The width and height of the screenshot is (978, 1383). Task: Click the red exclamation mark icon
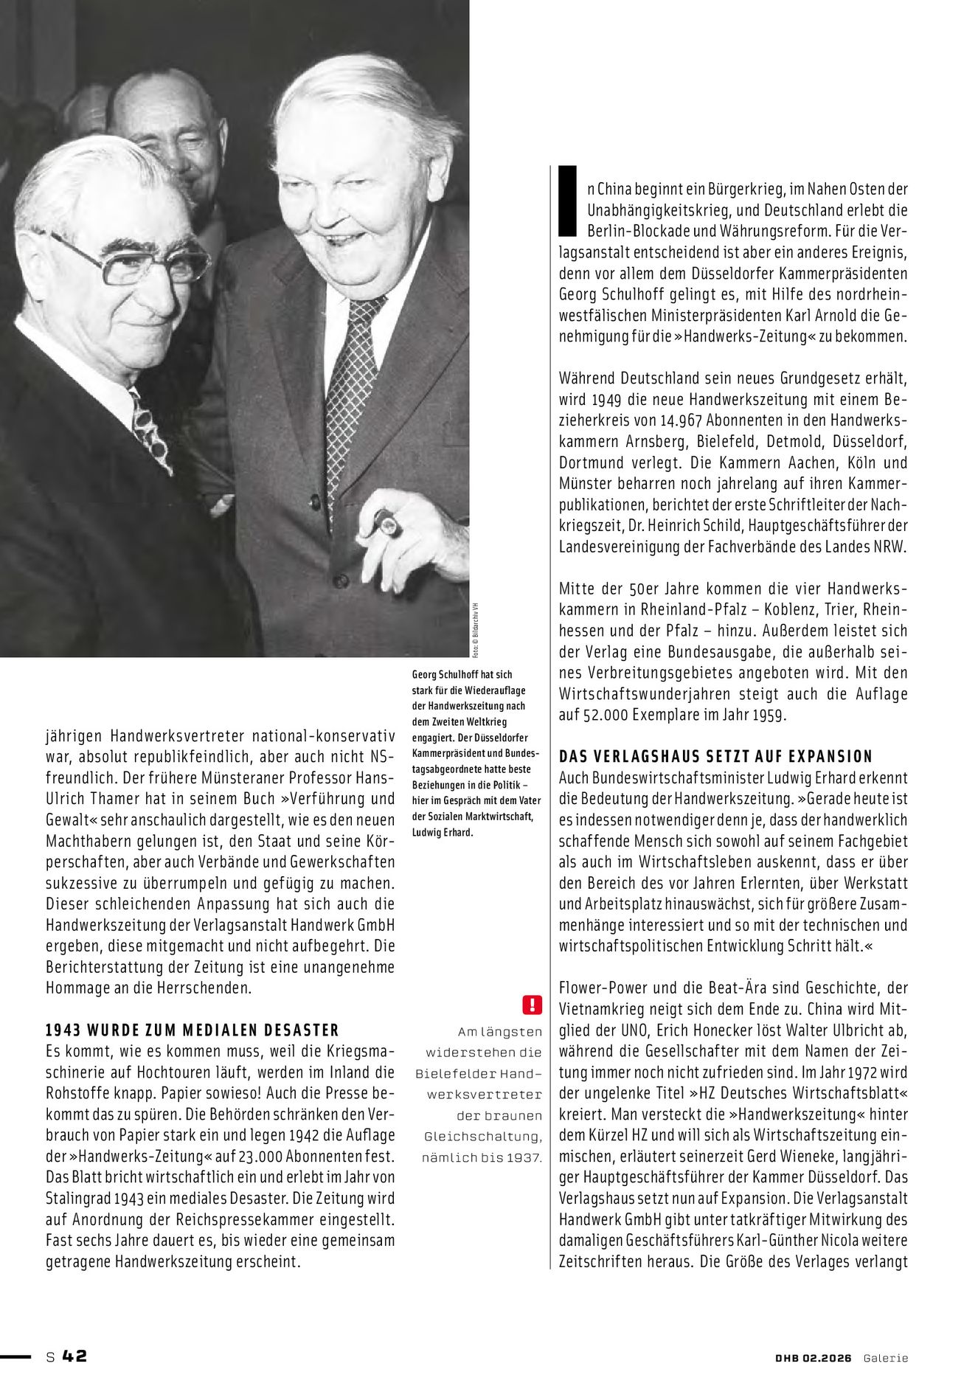[x=532, y=1004]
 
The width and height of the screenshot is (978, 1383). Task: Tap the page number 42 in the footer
[x=74, y=1356]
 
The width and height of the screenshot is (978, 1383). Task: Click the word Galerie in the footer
[x=887, y=1357]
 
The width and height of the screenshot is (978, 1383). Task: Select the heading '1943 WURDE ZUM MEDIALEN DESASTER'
[x=193, y=1030]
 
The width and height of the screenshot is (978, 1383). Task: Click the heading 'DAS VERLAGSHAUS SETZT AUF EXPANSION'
[x=715, y=756]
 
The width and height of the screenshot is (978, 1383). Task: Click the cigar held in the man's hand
[x=386, y=523]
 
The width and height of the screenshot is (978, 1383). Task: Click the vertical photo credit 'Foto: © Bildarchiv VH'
[x=476, y=626]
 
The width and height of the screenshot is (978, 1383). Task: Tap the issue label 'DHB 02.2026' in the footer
[x=808, y=1357]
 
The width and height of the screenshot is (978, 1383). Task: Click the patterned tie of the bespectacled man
[x=150, y=431]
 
